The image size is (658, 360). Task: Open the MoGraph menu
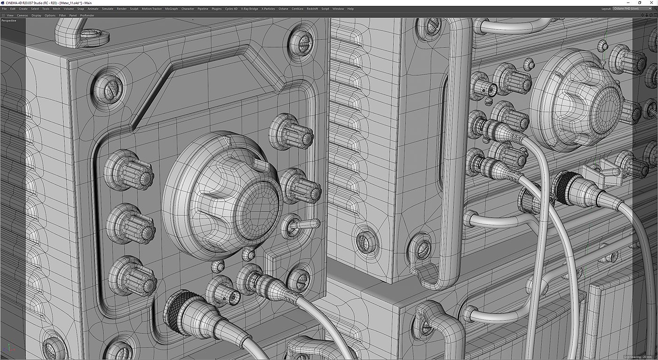pos(172,9)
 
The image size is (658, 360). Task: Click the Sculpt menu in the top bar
pos(134,9)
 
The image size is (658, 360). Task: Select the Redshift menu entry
pos(312,9)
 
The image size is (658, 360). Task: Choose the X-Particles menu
pos(268,9)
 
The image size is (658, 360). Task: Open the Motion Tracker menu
pos(151,9)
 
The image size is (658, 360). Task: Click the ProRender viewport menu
pos(87,15)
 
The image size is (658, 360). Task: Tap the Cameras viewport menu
pos(23,15)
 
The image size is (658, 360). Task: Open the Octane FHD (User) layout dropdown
pos(632,9)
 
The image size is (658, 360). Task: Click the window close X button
pos(651,3)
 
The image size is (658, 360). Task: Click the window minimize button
pos(628,3)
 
